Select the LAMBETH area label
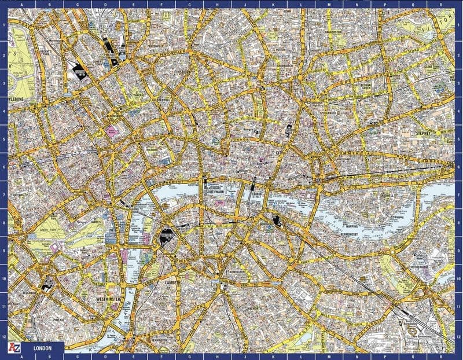click(x=173, y=282)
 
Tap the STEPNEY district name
click(x=425, y=133)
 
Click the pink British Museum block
click(x=111, y=131)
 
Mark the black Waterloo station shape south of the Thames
click(x=166, y=235)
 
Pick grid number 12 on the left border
click(x=4, y=336)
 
